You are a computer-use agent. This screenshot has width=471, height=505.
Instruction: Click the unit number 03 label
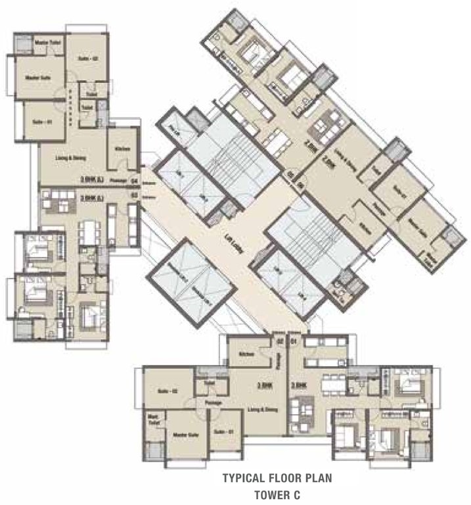pyautogui.click(x=133, y=195)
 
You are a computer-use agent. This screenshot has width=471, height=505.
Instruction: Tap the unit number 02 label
pyautogui.click(x=279, y=341)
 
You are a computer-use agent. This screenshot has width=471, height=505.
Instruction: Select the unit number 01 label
pyautogui.click(x=294, y=341)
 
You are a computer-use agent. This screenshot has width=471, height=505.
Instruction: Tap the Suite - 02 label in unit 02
pyautogui.click(x=168, y=391)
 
